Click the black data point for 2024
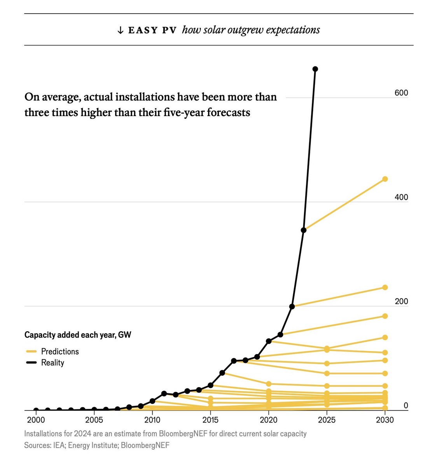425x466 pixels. (x=315, y=69)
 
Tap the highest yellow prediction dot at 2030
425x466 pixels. (x=385, y=179)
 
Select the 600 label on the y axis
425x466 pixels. (x=401, y=93)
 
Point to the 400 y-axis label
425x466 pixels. (x=401, y=197)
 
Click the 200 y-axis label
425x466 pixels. (x=401, y=301)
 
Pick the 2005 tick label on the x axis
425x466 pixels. (x=94, y=420)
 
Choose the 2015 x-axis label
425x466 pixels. (x=210, y=420)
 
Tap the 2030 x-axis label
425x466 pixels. (x=385, y=420)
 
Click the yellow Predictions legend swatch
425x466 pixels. (x=31, y=351)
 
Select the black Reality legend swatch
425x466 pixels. (x=31, y=362)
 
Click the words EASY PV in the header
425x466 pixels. (x=152, y=30)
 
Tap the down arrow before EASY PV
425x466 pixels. (x=120, y=30)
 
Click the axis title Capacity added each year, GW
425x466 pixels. (x=78, y=335)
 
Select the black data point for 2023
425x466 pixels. (x=304, y=230)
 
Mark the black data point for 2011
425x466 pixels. (x=164, y=393)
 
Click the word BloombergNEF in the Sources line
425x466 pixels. (x=145, y=445)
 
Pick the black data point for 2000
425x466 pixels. (x=36, y=410)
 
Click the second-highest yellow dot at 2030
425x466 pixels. (x=385, y=287)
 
